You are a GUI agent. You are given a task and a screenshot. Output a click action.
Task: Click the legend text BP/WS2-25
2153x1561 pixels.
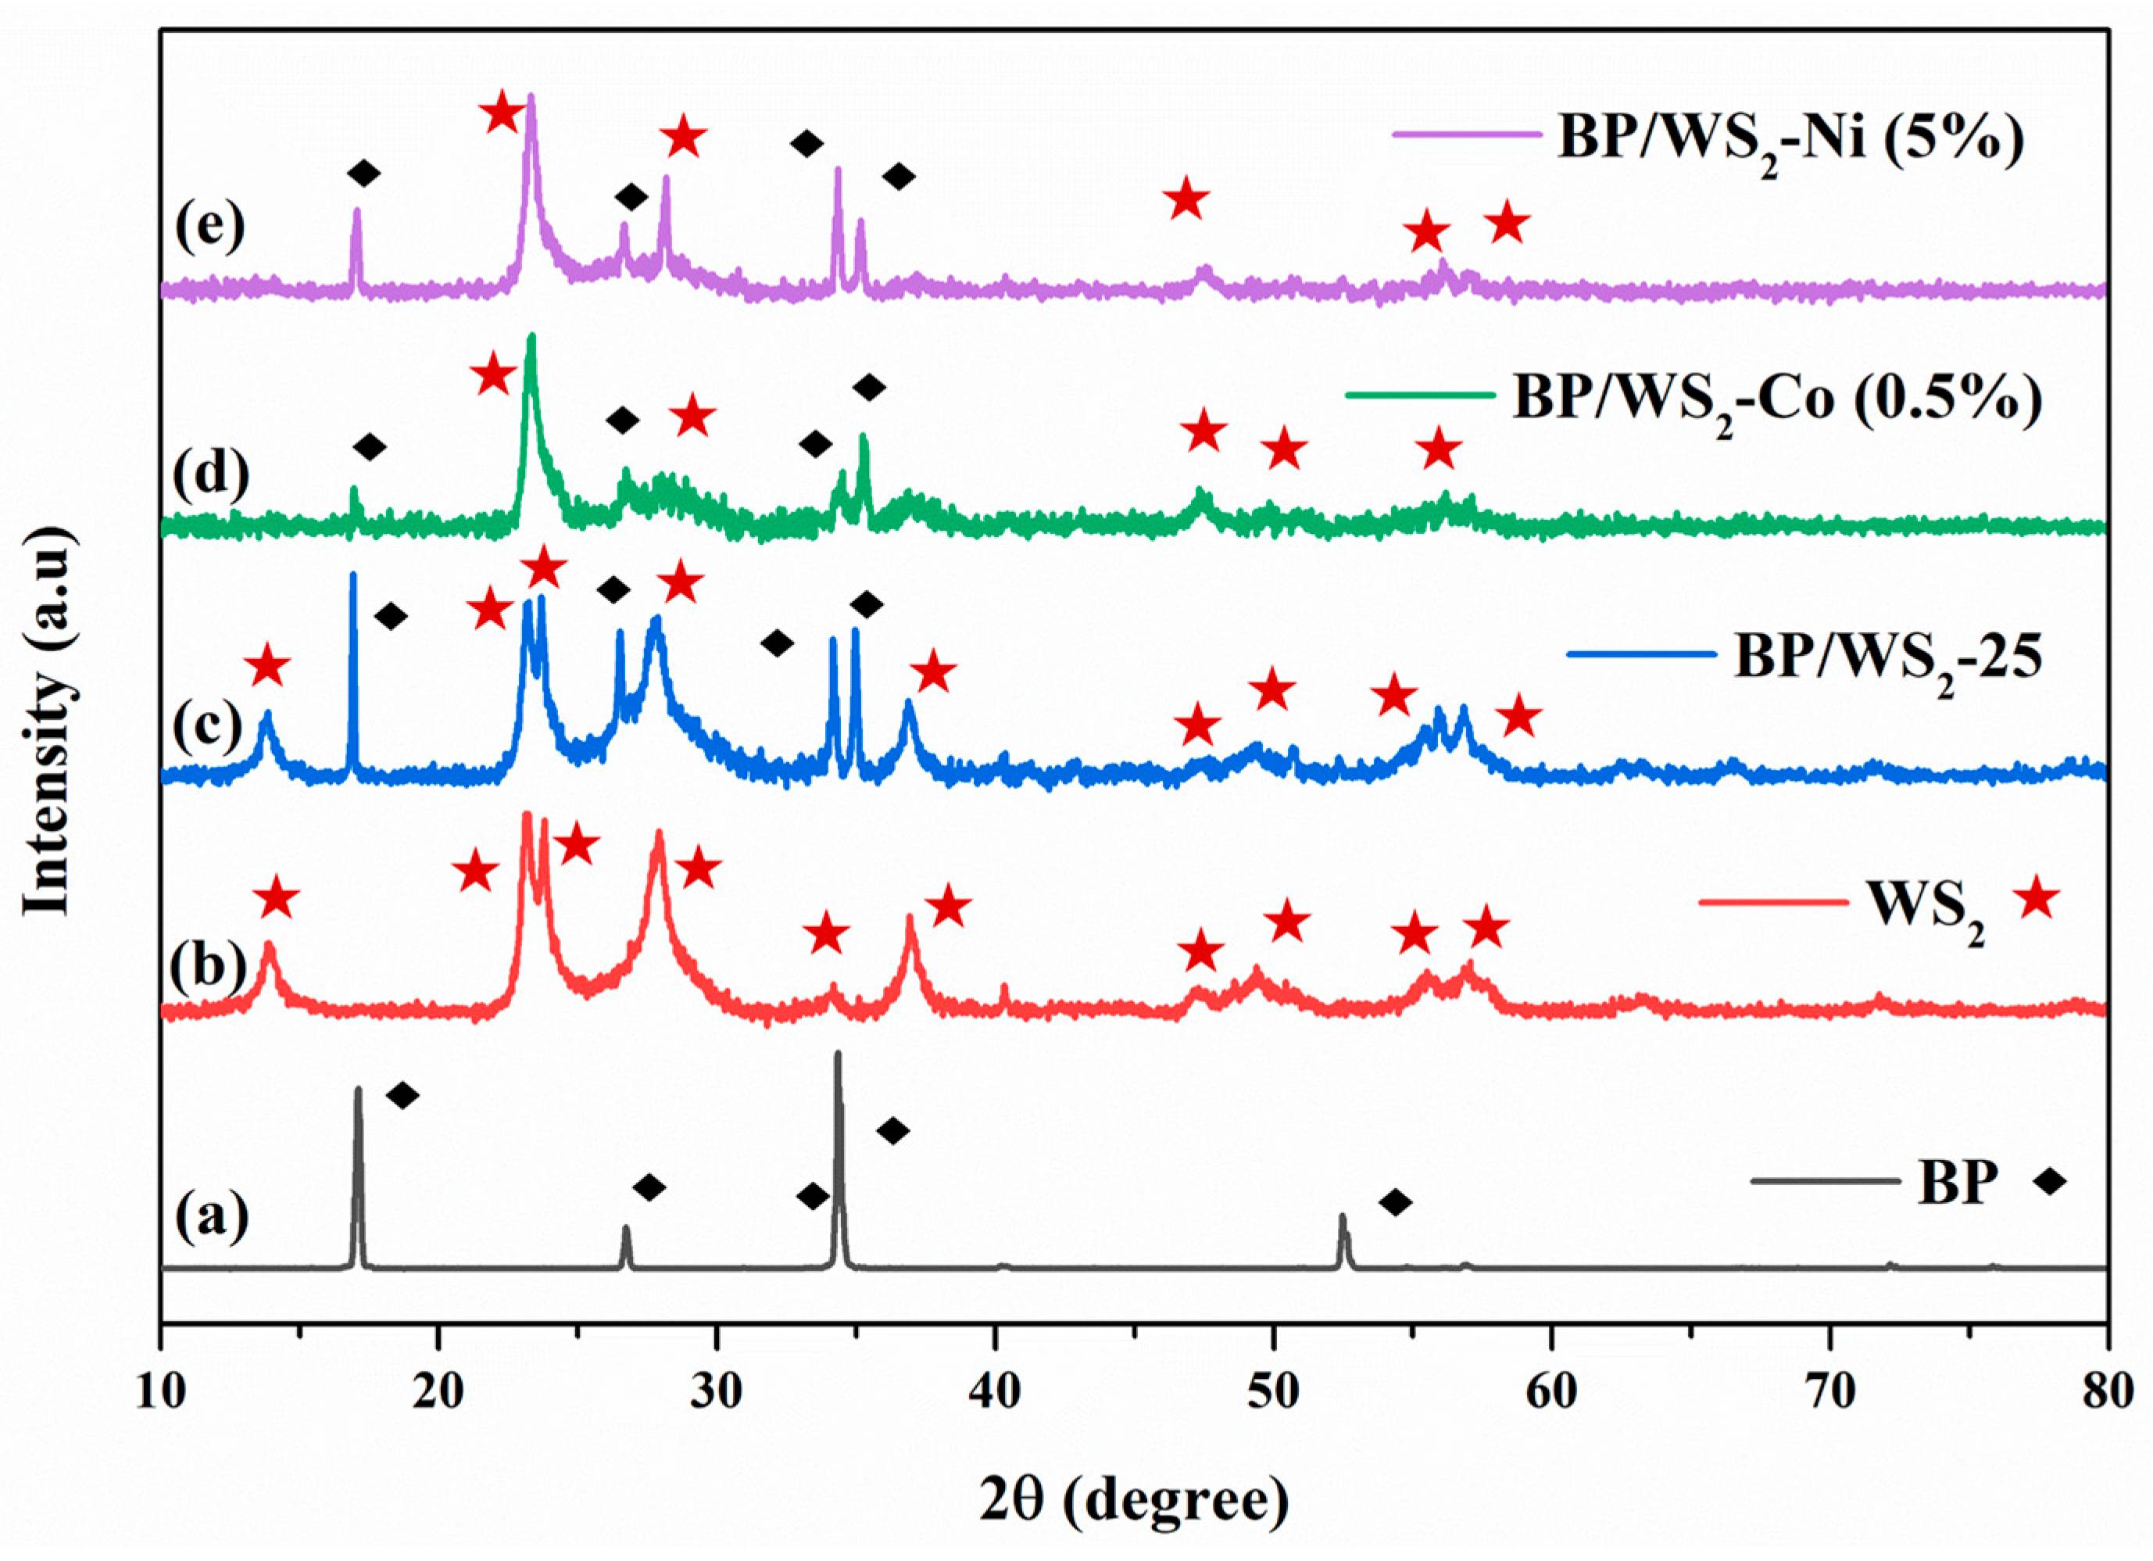(x=1888, y=657)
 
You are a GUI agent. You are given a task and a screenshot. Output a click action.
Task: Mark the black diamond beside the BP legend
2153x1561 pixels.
(x=2051, y=1182)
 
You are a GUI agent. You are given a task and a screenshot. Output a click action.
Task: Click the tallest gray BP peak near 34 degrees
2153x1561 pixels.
(x=837, y=1056)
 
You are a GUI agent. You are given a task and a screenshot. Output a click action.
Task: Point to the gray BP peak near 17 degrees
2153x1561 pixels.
(x=358, y=1092)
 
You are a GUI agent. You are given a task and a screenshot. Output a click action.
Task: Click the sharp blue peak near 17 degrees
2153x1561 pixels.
(x=353, y=578)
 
